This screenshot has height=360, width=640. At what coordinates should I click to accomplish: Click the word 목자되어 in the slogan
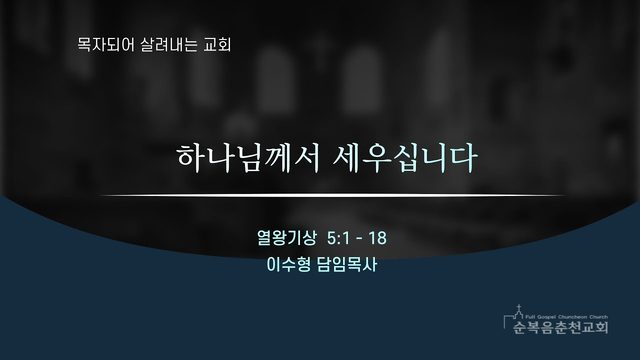coord(105,44)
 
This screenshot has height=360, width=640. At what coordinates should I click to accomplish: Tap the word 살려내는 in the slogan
coord(168,44)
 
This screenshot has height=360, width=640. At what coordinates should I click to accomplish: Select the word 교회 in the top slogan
coord(217,44)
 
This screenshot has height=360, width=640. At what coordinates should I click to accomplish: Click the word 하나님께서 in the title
coord(248,158)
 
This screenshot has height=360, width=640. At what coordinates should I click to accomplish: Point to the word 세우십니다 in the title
coord(405,158)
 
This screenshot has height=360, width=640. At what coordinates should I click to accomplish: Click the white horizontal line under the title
coord(332,196)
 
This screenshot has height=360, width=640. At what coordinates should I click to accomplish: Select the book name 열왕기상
coord(287,238)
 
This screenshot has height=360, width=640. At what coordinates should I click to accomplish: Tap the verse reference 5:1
coord(338,238)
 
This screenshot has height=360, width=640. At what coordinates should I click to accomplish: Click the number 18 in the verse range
coord(378,238)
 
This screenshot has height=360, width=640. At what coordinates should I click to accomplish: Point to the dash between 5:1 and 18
coord(359,238)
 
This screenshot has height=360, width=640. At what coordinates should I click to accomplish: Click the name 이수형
coord(288,264)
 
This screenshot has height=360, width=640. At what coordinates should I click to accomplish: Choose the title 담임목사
coord(346,264)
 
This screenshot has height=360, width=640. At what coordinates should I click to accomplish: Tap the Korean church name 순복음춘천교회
coord(561,327)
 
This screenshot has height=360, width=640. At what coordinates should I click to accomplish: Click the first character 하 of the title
coord(190,158)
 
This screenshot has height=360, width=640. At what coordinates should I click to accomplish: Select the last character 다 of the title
coord(464,158)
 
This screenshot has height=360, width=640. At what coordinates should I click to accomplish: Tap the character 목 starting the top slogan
coord(84,44)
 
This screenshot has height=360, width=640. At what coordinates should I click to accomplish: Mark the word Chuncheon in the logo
coord(573,317)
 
